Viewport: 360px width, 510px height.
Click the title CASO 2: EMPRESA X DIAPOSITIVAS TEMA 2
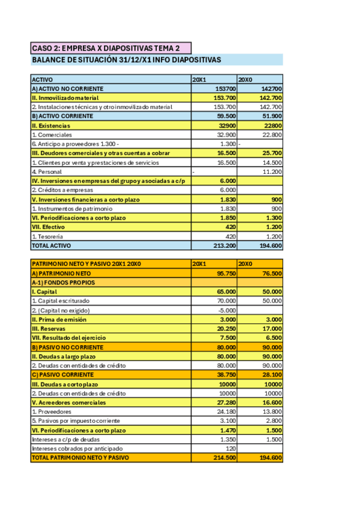click(x=105, y=48)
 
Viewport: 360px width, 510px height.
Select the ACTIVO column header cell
click(x=42, y=79)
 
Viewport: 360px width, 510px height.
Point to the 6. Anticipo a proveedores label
click(x=75, y=144)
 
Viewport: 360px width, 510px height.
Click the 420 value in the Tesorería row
click(x=229, y=236)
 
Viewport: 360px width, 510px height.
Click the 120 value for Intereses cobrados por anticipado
click(x=230, y=449)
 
